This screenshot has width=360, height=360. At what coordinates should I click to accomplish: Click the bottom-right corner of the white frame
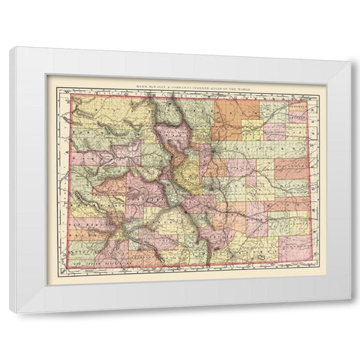349,312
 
